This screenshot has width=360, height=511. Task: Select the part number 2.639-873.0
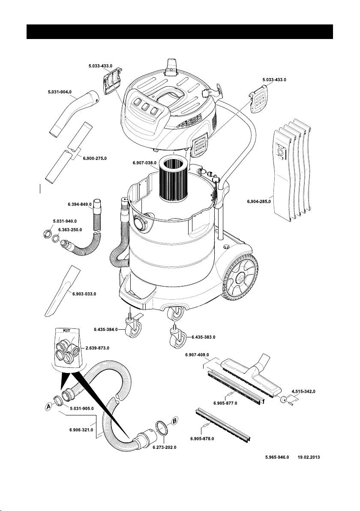click(98, 348)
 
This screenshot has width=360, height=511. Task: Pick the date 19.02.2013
click(309, 457)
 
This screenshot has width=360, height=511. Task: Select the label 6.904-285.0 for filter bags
click(259, 200)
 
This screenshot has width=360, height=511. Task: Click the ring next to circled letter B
click(162, 428)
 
